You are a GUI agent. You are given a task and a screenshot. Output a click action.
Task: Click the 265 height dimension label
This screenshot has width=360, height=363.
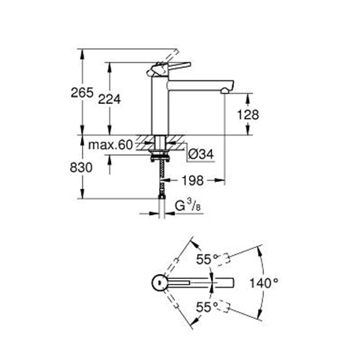coord(82,93)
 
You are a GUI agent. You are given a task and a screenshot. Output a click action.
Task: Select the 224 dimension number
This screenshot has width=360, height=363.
coord(109,99)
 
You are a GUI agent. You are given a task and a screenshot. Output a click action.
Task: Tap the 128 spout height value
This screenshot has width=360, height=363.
coord(248,115)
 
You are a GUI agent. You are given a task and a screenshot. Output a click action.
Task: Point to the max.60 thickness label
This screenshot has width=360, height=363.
coord(110,145)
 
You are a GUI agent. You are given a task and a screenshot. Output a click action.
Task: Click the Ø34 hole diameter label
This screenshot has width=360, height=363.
coord(202,154)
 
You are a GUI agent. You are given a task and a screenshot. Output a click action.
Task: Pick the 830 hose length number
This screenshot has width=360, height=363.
coord(81,168)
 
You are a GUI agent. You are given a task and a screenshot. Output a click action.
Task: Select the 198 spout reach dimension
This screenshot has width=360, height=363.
coord(192,180)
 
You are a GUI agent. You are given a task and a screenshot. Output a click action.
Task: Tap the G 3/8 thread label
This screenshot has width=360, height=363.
coord(187,206)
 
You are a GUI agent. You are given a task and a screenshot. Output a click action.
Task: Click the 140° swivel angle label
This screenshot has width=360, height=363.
coord(263,283)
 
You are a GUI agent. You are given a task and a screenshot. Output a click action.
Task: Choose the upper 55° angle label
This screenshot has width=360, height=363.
coord(207,259)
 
